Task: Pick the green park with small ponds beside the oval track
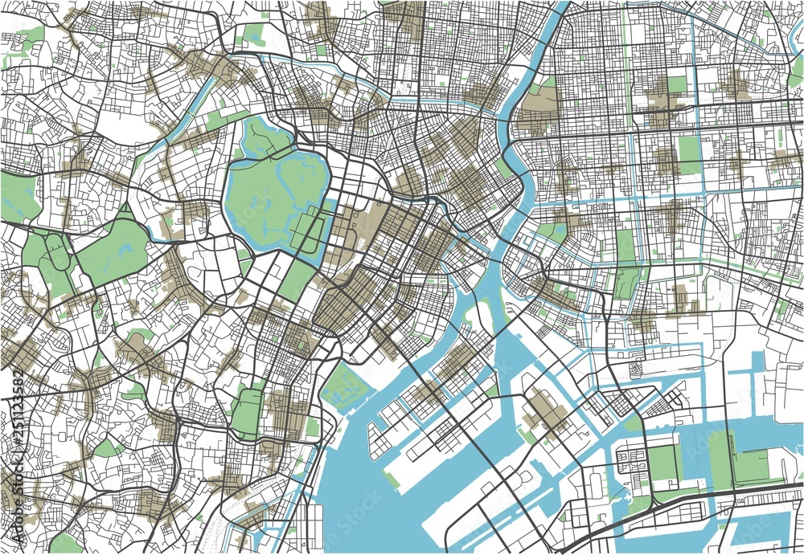(113, 249)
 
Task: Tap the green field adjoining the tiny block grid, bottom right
(664, 464)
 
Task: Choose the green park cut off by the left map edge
(18, 198)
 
